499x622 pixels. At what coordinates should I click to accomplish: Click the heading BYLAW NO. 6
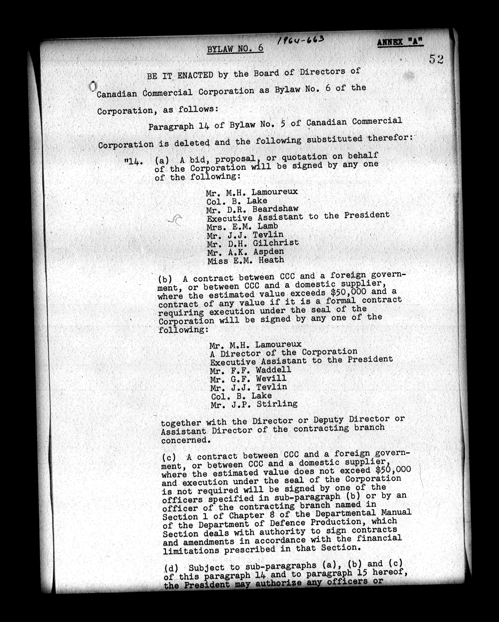pyautogui.click(x=235, y=49)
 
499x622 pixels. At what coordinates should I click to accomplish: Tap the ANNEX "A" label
pyautogui.click(x=400, y=42)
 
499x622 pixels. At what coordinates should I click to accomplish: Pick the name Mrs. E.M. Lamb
pyautogui.click(x=242, y=226)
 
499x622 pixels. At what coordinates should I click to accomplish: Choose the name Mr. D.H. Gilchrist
pyautogui.click(x=253, y=243)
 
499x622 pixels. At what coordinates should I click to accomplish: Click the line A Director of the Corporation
pyautogui.click(x=284, y=353)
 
